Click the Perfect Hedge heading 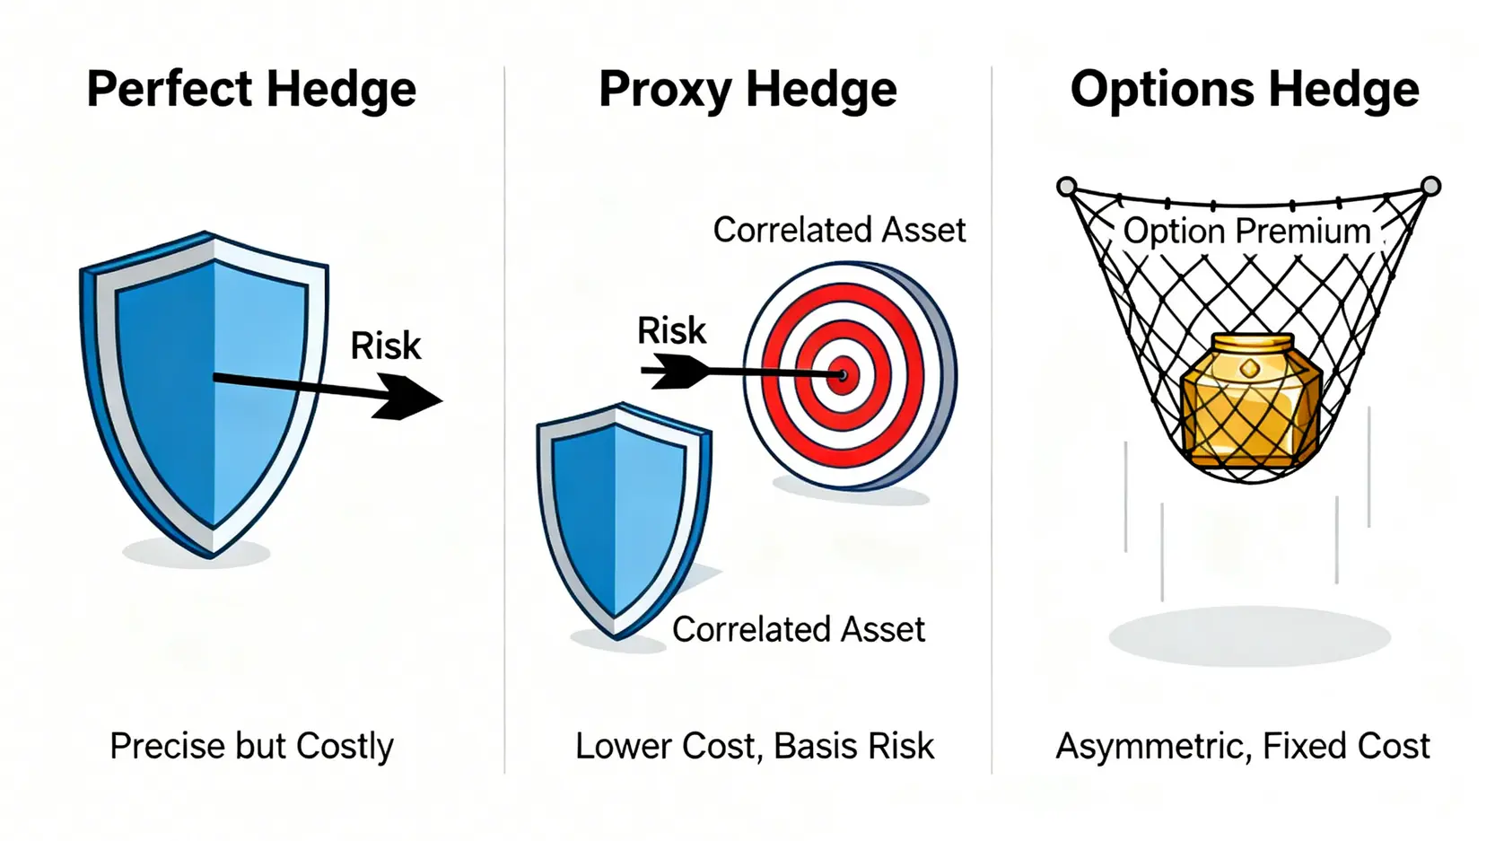251,90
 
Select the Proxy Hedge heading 747,90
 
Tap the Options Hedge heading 1245,89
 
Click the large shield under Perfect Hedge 204,394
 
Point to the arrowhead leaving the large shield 407,398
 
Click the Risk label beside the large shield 386,346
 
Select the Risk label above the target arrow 671,330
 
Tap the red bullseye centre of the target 843,376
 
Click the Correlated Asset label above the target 839,231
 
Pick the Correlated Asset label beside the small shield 799,629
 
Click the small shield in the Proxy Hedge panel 624,521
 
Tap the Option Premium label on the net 1246,231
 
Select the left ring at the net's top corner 1067,186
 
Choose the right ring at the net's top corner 1431,186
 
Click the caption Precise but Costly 251,746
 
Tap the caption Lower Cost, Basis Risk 754,746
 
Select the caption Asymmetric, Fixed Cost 1243,746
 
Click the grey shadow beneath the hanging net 1249,636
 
